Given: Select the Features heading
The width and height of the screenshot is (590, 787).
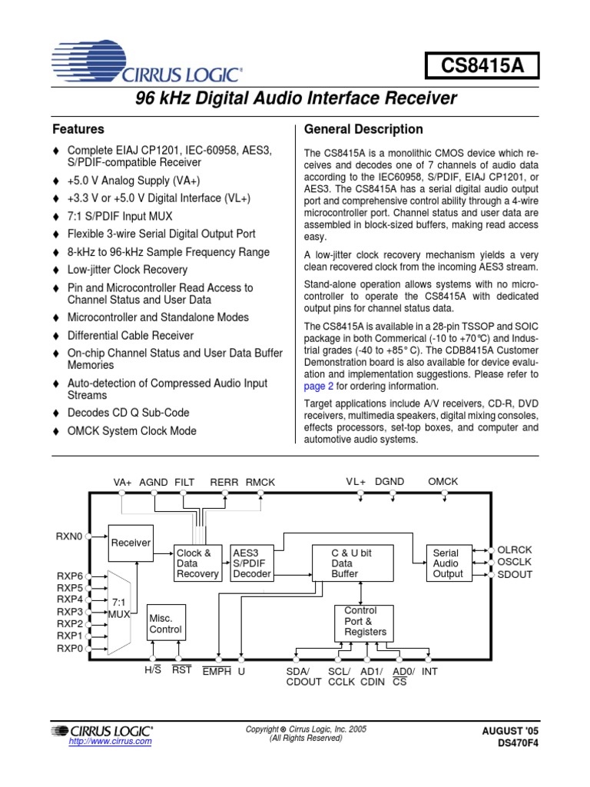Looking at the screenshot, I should tap(78, 129).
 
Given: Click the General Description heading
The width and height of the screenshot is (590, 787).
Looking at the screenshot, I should tap(364, 129).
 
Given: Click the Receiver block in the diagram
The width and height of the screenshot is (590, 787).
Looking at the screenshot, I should tap(131, 543).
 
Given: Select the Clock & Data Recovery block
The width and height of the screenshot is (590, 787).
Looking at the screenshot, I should tap(197, 563).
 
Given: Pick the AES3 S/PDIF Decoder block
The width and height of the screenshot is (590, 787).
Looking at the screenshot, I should tap(252, 563).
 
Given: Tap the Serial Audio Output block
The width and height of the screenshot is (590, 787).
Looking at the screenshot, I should tap(448, 563).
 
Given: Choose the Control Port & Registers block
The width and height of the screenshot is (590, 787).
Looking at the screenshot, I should tap(365, 622).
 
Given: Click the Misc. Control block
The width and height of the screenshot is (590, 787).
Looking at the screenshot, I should tap(165, 623).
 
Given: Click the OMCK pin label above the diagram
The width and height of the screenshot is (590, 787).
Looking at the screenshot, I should tap(442, 481).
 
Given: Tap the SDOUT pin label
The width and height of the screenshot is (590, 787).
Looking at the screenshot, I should tap(515, 574).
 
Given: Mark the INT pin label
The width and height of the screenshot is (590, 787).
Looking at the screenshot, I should tap(429, 671).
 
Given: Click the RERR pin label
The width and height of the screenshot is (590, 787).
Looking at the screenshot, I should tap(224, 482).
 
